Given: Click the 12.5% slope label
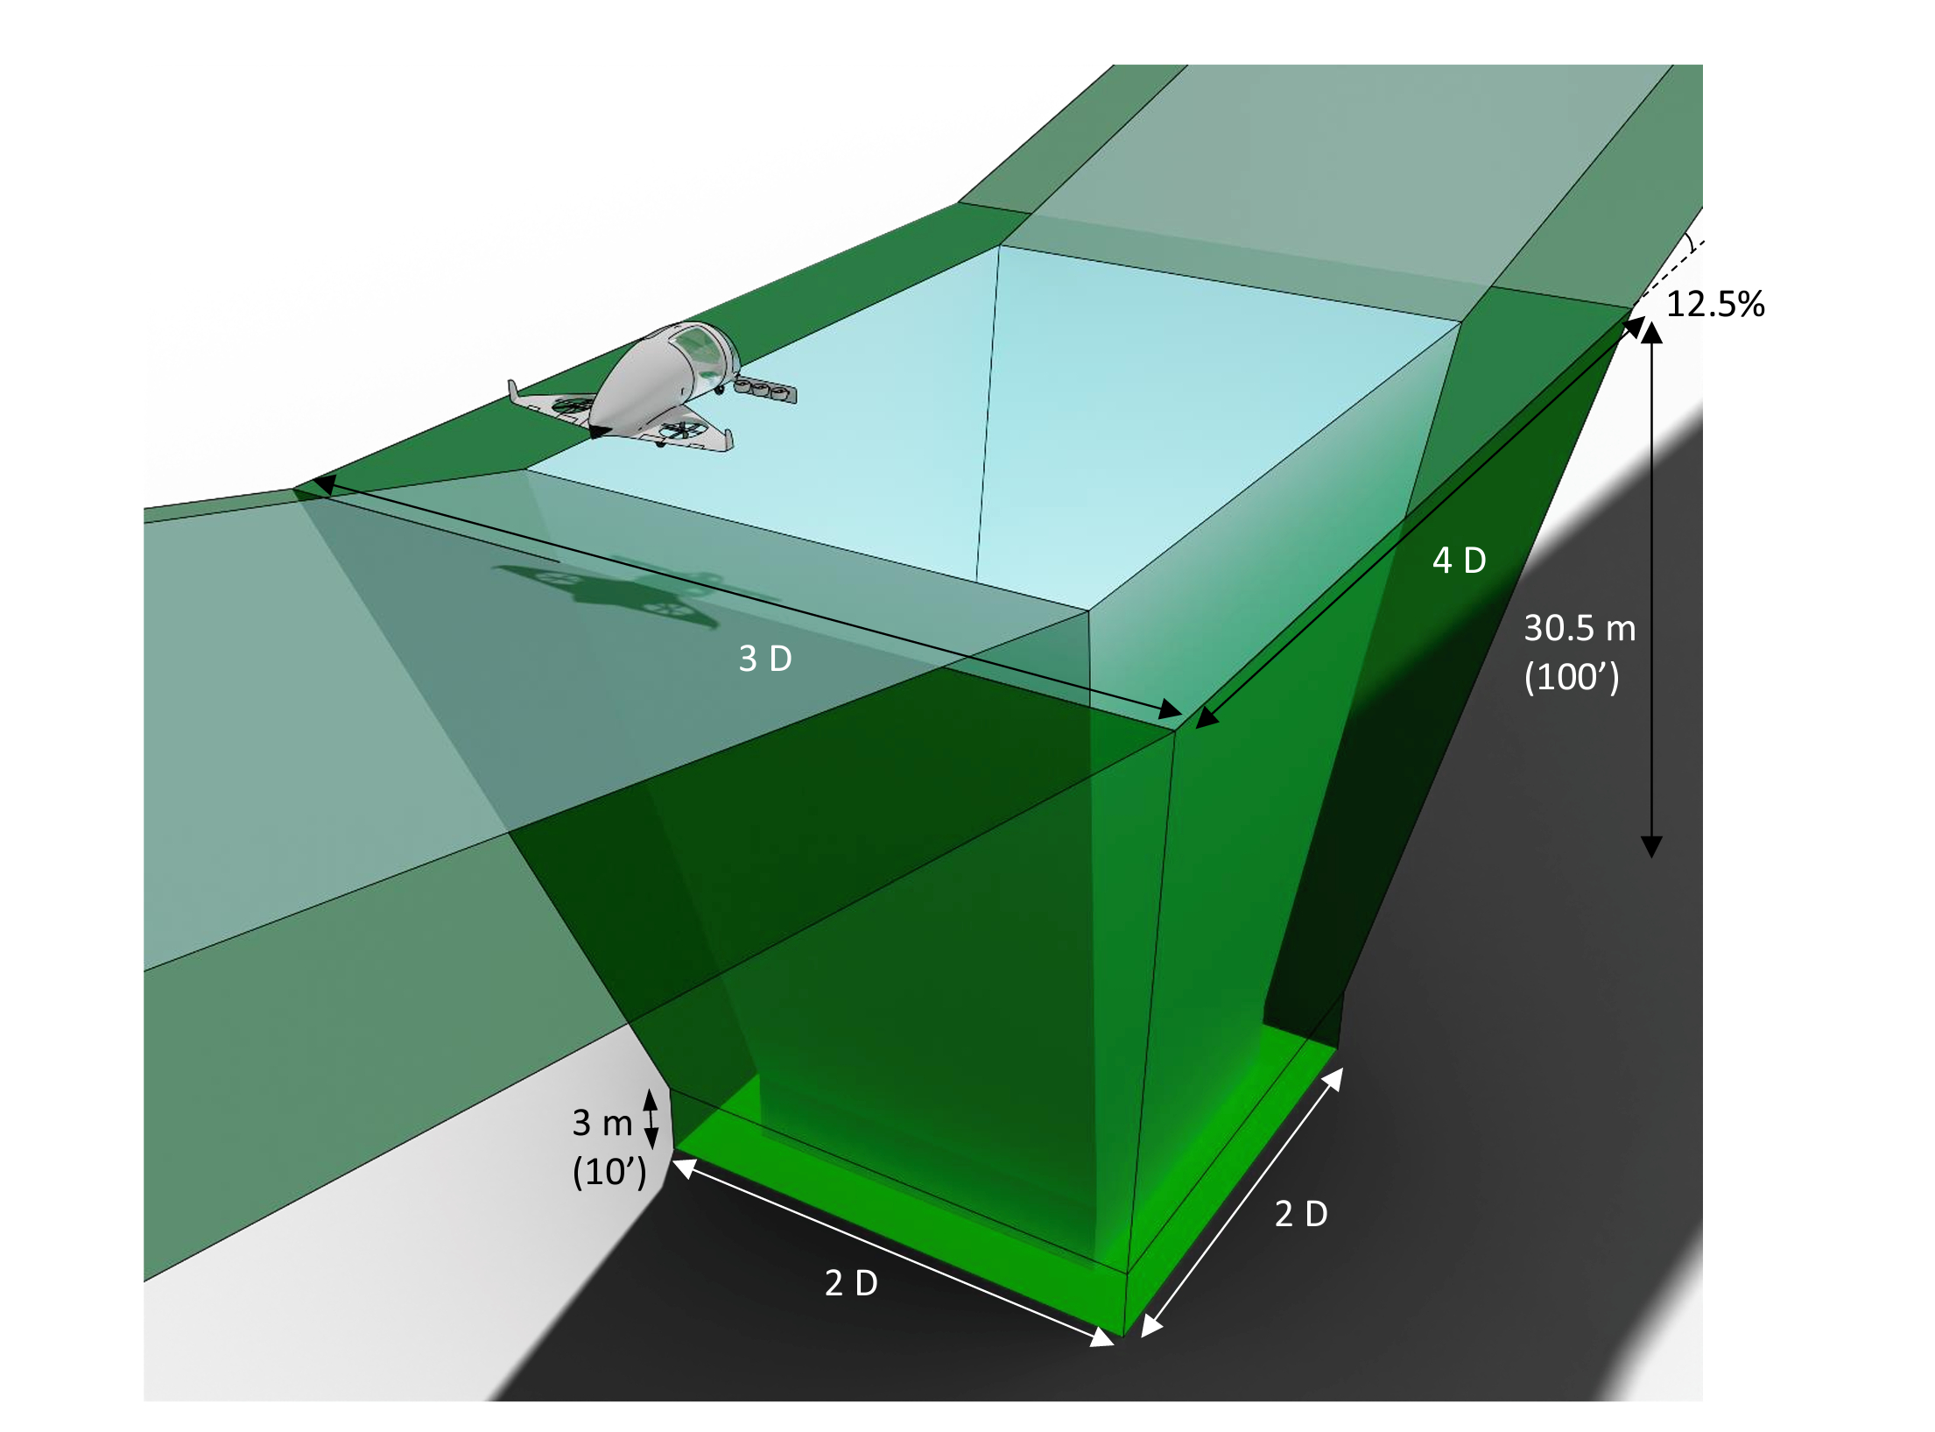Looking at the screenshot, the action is pos(1714,304).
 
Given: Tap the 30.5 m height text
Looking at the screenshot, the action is pos(1580,628).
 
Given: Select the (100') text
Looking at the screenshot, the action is pos(1572,677).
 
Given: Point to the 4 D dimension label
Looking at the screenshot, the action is pos(1459,561).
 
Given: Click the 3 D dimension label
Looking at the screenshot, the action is pos(765,659).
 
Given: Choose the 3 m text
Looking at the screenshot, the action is pos(602,1123).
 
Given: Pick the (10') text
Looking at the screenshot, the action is pos(609,1172).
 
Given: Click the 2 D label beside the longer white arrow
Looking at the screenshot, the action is pos(851,1283).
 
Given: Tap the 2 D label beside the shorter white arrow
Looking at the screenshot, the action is pos(1301,1214).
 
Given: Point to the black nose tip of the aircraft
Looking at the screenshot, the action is pos(600,430).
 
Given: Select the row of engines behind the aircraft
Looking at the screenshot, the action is pos(765,388).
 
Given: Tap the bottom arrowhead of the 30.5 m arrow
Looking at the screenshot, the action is pos(1651,846).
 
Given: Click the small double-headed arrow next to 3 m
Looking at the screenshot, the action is pos(651,1119).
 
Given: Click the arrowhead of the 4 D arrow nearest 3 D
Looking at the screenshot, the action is pos(1207,716).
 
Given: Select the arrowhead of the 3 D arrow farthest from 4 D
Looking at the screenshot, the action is pos(324,484).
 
